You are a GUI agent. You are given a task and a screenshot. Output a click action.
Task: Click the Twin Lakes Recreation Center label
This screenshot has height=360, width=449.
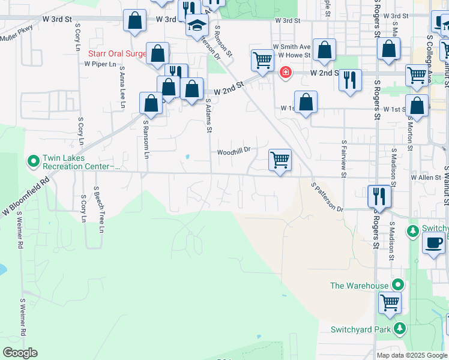point(78,162)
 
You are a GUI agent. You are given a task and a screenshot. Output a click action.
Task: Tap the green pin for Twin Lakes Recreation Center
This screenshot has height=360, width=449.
point(33,161)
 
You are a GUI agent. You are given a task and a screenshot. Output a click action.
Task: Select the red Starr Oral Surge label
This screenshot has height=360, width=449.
point(117,54)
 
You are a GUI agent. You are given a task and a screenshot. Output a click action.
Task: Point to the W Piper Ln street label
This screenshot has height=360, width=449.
point(100,64)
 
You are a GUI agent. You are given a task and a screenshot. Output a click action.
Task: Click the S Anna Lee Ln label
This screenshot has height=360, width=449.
point(122,87)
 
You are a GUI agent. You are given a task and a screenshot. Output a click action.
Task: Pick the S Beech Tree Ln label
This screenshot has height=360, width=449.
point(98,209)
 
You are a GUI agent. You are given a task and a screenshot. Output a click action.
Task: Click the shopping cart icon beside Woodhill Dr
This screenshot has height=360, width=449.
point(280,160)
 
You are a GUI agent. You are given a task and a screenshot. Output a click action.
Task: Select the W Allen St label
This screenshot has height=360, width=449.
point(426,178)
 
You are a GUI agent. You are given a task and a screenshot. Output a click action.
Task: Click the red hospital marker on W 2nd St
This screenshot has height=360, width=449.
point(286,73)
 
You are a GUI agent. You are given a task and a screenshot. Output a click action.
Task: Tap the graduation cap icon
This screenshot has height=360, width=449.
point(196,25)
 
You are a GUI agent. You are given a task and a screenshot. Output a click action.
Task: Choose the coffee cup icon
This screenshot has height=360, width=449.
point(433,243)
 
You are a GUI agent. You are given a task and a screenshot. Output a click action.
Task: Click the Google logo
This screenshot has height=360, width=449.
point(20,353)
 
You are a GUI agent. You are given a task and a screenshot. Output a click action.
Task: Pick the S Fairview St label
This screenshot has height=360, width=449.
point(344,159)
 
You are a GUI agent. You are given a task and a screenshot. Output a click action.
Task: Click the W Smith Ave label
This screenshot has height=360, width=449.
point(292,46)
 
